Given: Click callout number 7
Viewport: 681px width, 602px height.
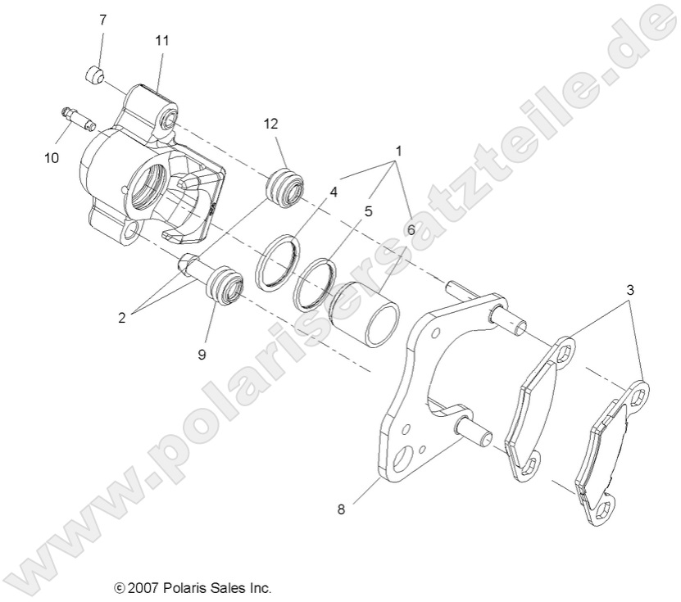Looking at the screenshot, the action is [102, 19].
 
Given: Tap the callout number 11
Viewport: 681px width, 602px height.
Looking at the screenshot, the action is [161, 38].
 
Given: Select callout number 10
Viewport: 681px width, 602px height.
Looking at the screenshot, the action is [52, 158].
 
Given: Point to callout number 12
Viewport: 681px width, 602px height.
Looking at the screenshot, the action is [271, 124].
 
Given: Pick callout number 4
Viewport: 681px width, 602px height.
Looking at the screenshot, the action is [334, 192].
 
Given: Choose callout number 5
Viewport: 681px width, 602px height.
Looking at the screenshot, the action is [368, 210].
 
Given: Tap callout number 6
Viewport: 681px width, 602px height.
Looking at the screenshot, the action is [410, 231].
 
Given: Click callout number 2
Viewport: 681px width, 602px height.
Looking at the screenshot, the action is [121, 317].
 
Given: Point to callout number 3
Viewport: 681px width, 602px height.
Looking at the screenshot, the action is [629, 290].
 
